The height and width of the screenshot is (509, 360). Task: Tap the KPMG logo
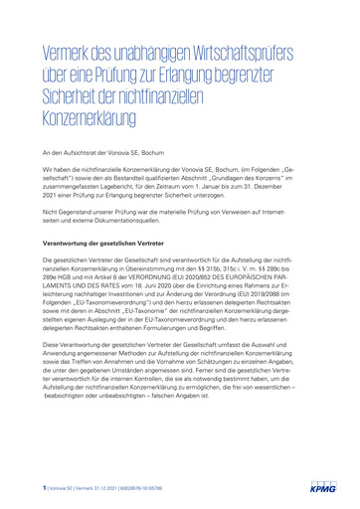pos(323,489)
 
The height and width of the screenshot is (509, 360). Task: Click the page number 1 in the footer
pos(44,489)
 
